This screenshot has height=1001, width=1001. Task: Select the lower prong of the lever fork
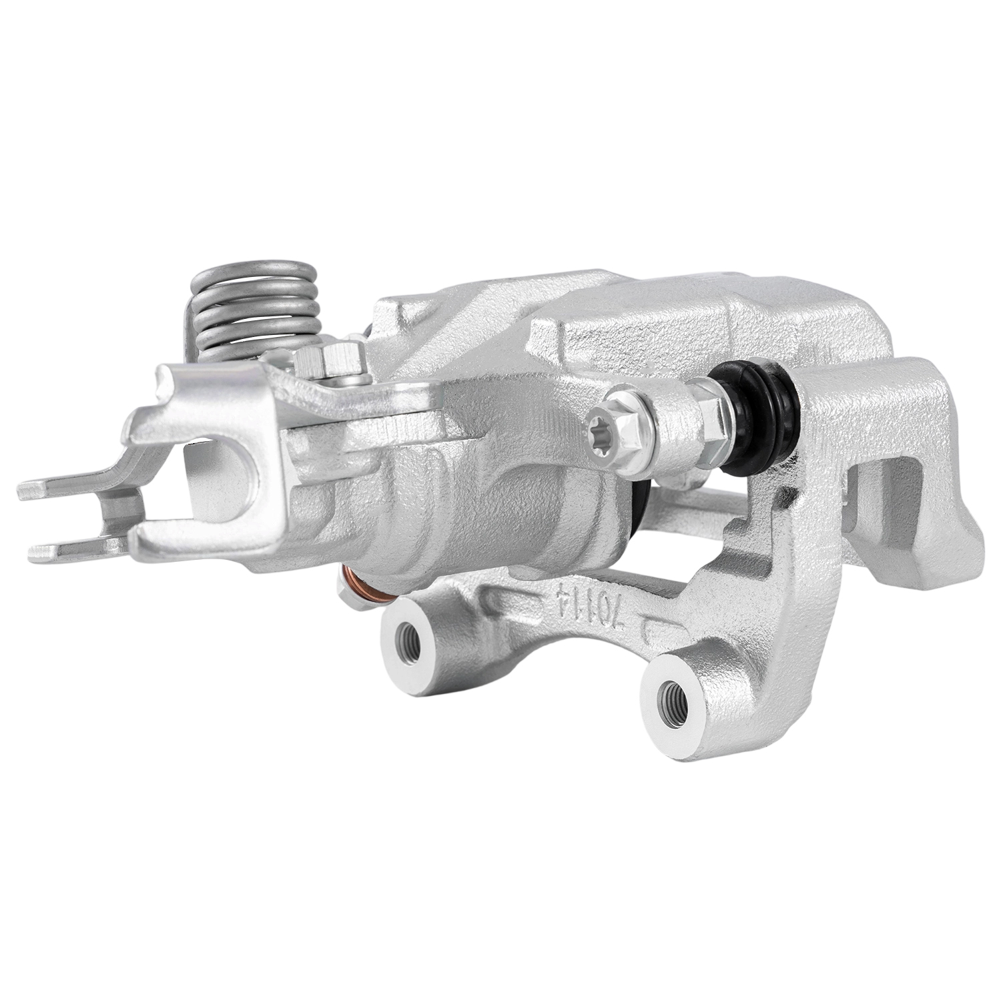click(x=80, y=549)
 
